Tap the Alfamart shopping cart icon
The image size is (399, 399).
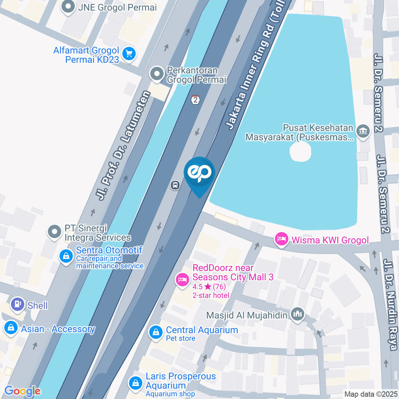[129, 54]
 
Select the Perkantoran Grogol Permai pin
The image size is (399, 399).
[157, 74]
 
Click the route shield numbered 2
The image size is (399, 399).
[195, 100]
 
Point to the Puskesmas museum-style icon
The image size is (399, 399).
[364, 132]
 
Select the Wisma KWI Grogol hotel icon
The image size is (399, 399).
[281, 239]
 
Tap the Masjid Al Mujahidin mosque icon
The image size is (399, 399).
[298, 315]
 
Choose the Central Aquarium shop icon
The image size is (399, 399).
[155, 332]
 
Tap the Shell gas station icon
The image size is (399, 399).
[17, 304]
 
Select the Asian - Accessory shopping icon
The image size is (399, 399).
[10, 328]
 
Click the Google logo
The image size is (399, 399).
[22, 391]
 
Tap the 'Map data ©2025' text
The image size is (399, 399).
[371, 394]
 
